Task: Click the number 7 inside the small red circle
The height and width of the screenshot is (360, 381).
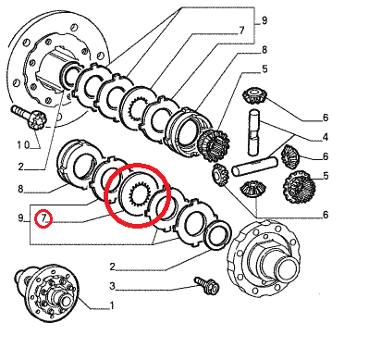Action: click(x=43, y=218)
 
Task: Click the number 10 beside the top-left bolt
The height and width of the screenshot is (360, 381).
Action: click(x=23, y=144)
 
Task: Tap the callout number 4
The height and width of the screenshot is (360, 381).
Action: click(x=326, y=137)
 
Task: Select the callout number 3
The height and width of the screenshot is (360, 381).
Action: click(x=112, y=286)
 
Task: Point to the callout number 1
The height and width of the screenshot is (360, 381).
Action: click(x=112, y=305)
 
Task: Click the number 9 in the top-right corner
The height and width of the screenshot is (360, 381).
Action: click(x=264, y=20)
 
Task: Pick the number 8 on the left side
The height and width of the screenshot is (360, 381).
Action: click(x=20, y=189)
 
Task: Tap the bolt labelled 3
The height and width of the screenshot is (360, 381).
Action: click(x=207, y=285)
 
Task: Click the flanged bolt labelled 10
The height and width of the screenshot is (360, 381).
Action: click(x=29, y=118)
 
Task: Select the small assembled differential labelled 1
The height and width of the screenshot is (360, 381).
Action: click(x=46, y=292)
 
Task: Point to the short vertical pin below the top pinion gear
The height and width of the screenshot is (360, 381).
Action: click(x=254, y=132)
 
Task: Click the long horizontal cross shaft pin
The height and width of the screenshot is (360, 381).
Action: click(x=254, y=167)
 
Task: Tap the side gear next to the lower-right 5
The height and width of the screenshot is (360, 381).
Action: click(x=299, y=187)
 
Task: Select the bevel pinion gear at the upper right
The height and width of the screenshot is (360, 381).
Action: click(x=253, y=95)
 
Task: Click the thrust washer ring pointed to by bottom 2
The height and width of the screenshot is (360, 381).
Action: click(x=217, y=234)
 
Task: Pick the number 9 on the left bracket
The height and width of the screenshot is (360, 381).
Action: click(x=20, y=218)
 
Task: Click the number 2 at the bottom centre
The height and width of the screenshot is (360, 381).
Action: click(x=113, y=267)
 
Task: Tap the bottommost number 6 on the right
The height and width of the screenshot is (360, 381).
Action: click(x=326, y=215)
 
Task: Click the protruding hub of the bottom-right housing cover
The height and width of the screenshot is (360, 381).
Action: click(x=284, y=265)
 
